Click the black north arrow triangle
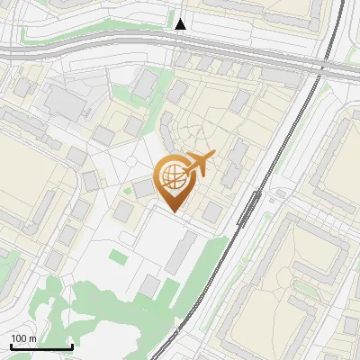tap(181, 24)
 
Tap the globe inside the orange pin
tap(171, 175)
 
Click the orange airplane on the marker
tap(200, 163)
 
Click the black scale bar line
tap(41, 346)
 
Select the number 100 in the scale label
tap(19, 338)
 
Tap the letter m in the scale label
tap(32, 338)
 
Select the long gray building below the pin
tap(181, 252)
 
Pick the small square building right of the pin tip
tap(212, 212)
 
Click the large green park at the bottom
tap(108, 310)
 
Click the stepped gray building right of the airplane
tap(236, 162)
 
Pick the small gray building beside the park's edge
tap(149, 286)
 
